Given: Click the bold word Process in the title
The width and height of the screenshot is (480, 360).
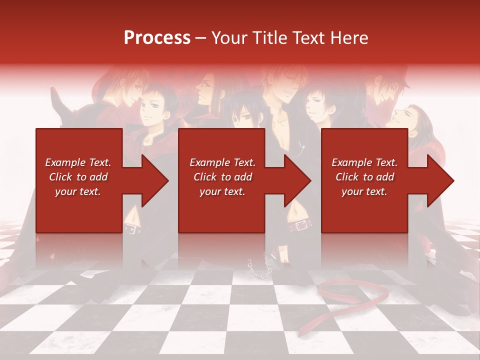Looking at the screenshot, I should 157,37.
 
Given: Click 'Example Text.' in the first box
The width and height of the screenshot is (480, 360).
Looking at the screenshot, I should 78,162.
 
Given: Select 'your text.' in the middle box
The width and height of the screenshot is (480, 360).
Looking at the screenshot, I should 222,191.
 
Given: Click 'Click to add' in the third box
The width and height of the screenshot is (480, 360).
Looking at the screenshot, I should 365,177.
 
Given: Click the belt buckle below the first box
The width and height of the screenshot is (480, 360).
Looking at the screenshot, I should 131,229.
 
